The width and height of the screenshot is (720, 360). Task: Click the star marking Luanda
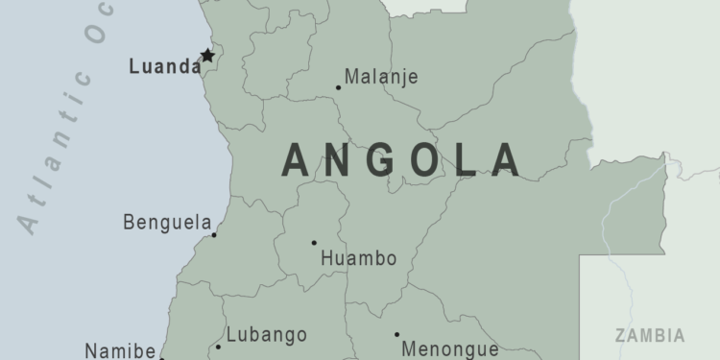[206, 56]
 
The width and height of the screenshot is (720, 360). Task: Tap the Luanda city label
[164, 68]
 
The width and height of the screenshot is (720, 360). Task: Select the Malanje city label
[381, 77]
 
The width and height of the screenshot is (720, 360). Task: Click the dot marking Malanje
[338, 87]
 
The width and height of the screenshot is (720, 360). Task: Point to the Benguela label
[167, 223]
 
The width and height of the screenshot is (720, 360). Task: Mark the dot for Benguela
[214, 234]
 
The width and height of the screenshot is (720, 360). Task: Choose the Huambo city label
[358, 258]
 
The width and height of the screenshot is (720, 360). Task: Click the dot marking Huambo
[314, 243]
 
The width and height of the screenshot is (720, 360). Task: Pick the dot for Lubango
[218, 347]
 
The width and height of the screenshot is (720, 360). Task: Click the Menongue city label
[450, 349]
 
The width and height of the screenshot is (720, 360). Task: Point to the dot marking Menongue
[396, 335]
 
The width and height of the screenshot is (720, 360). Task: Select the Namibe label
[120, 350]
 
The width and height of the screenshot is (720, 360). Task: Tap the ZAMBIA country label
[651, 336]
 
